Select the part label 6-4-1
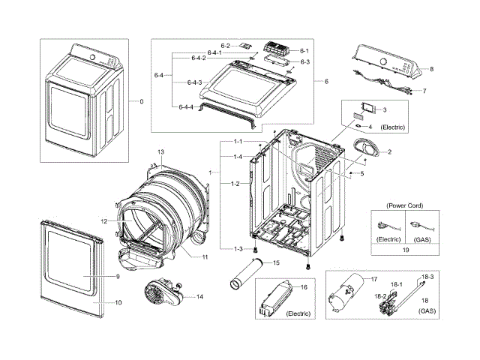click(198, 51)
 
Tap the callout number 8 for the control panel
click(431, 69)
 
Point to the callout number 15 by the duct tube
click(277, 262)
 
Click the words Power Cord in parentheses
click(406, 205)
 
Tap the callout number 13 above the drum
click(160, 152)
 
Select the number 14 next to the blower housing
click(199, 297)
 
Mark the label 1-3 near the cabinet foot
click(237, 248)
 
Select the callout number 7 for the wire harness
click(424, 90)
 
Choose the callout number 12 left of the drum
click(105, 220)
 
